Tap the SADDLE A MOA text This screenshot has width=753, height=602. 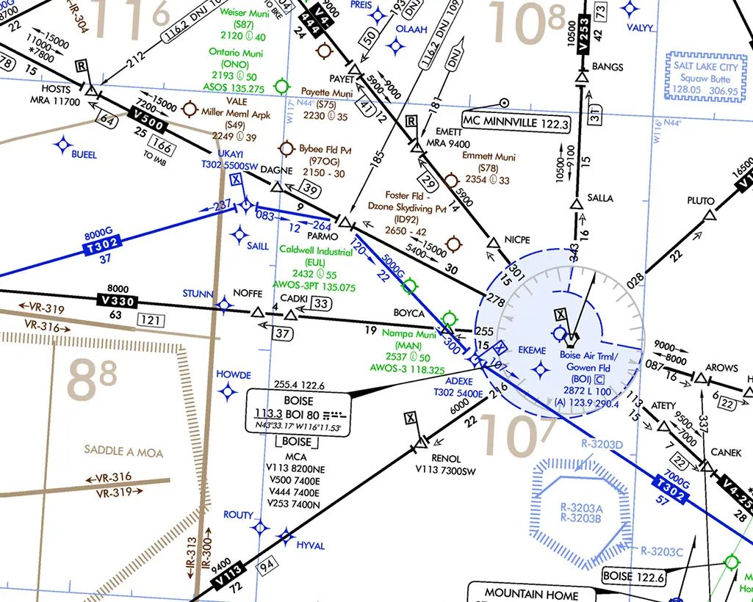click(x=123, y=451)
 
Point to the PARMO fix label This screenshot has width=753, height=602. click(x=323, y=236)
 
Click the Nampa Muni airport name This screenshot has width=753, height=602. click(x=408, y=333)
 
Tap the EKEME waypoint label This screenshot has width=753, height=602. click(x=532, y=351)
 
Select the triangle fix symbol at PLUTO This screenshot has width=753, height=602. click(x=710, y=216)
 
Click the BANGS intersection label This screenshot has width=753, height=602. click(x=607, y=67)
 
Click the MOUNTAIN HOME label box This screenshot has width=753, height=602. click(x=531, y=594)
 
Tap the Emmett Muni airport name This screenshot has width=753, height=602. click(x=489, y=156)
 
